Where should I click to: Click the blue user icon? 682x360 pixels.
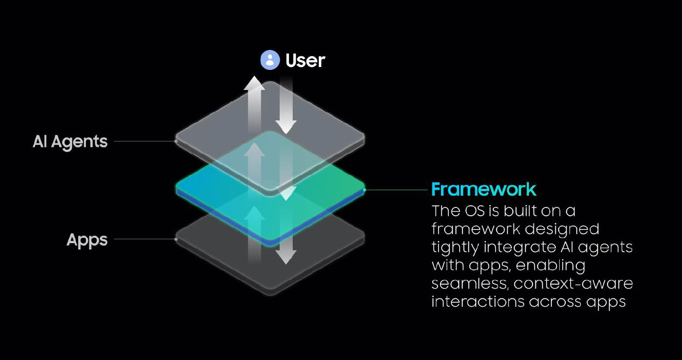point(270,60)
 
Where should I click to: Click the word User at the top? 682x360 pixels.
point(306,61)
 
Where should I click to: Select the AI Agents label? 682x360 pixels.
point(70,142)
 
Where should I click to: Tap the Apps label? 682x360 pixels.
point(87,240)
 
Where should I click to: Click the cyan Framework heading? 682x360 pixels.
point(484,189)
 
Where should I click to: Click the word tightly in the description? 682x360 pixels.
point(455,247)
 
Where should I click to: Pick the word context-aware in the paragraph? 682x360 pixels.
point(573,284)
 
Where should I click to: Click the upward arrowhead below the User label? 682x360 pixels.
point(254,83)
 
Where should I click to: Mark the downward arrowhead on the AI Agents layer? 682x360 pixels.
point(286,127)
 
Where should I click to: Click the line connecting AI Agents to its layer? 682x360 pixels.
point(145,141)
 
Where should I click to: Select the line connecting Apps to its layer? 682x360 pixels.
point(145,239)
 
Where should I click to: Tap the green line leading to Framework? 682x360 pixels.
point(396,190)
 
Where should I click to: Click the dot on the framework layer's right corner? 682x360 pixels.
point(364,190)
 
